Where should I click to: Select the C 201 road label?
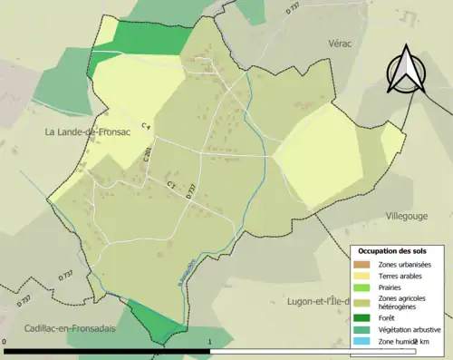pyautogui.click(x=146, y=157)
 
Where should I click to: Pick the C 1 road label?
pyautogui.click(x=170, y=185)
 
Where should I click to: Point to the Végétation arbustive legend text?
pyautogui.click(x=409, y=329)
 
